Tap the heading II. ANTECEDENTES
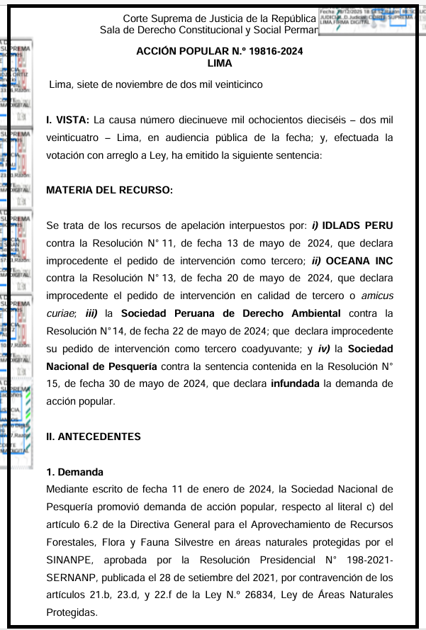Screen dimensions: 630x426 coord(94,437)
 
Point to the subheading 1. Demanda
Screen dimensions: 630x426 coord(74,472)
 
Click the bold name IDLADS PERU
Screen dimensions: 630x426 coord(357,226)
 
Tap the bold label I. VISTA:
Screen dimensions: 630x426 coord(67,120)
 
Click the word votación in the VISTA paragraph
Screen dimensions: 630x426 coord(66,155)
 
